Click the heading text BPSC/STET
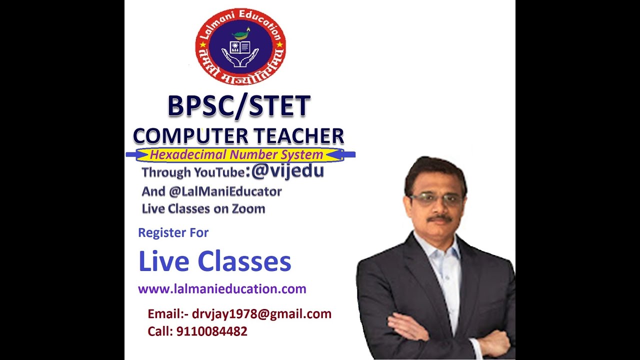(239, 106)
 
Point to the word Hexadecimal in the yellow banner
(182, 155)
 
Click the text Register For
(173, 232)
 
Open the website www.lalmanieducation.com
(222, 289)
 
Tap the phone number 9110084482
(211, 331)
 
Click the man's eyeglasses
(436, 199)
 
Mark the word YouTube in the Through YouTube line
(219, 172)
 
